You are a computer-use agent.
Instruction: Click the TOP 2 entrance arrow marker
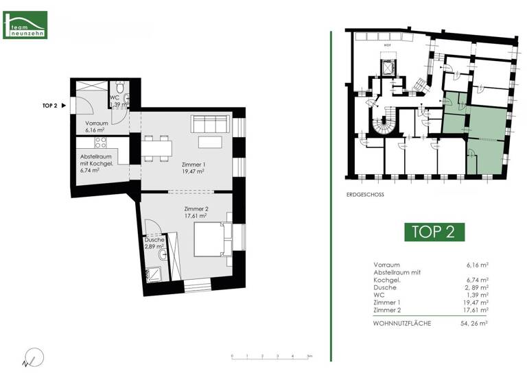pos(63,106)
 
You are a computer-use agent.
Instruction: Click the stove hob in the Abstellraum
pos(99,143)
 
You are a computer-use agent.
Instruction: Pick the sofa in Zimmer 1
pos(210,124)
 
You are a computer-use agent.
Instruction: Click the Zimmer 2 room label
pos(196,208)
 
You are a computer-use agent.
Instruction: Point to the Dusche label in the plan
pos(154,240)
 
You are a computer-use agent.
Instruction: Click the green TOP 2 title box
pos(433,231)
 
